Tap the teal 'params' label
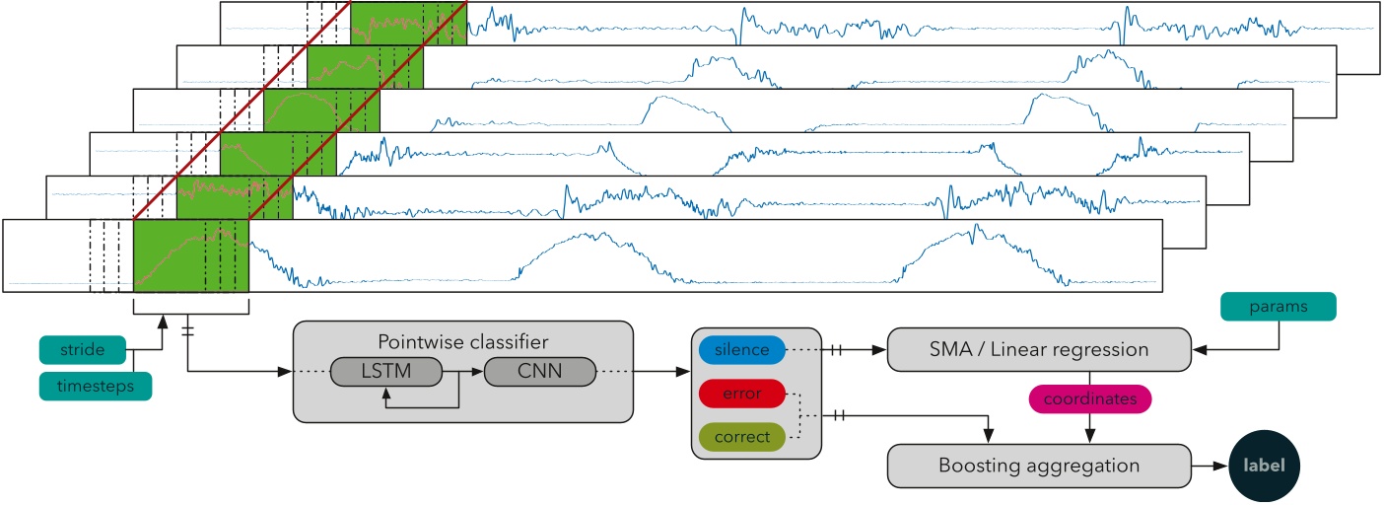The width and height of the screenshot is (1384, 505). pos(1279,306)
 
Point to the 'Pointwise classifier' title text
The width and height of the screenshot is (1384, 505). pos(462,341)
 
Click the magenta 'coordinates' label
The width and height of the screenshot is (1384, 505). pos(1088,398)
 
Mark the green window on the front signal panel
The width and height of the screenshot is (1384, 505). pos(190,255)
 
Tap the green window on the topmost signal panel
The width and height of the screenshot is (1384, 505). pos(407,23)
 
